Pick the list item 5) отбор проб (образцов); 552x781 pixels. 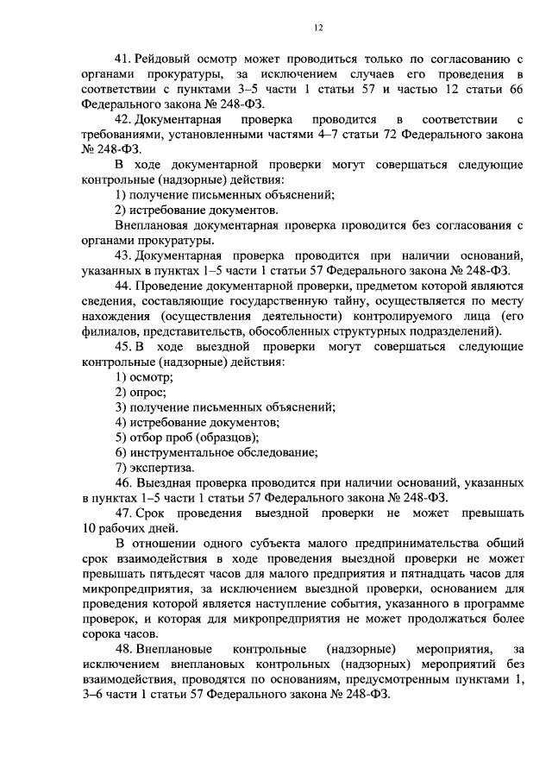click(187, 438)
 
